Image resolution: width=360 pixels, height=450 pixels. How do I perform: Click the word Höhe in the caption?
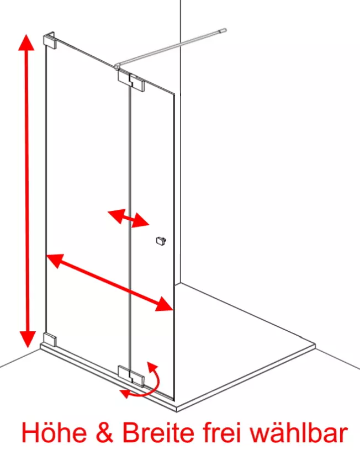point(54,432)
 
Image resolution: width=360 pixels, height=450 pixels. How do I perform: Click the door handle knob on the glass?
point(161,241)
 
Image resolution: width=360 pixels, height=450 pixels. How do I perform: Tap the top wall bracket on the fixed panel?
point(49,40)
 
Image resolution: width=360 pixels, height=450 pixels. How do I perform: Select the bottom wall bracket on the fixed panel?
point(50,339)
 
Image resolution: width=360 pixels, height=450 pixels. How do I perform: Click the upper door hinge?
point(131,81)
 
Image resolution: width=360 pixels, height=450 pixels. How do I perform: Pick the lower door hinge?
point(131,375)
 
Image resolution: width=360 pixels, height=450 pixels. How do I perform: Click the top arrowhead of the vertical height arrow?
point(27,43)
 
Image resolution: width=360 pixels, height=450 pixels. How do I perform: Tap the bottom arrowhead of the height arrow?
point(28,339)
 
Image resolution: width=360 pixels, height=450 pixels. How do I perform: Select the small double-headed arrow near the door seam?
point(128,218)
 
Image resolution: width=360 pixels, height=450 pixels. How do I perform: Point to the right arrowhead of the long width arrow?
point(163,305)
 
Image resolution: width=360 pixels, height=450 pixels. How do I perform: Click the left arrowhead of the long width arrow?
point(55,260)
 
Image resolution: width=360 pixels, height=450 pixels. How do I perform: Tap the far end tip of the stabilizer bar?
point(224,30)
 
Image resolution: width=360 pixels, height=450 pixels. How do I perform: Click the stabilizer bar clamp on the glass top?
point(117,67)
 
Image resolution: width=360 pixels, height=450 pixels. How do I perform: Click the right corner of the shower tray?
point(315,344)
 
